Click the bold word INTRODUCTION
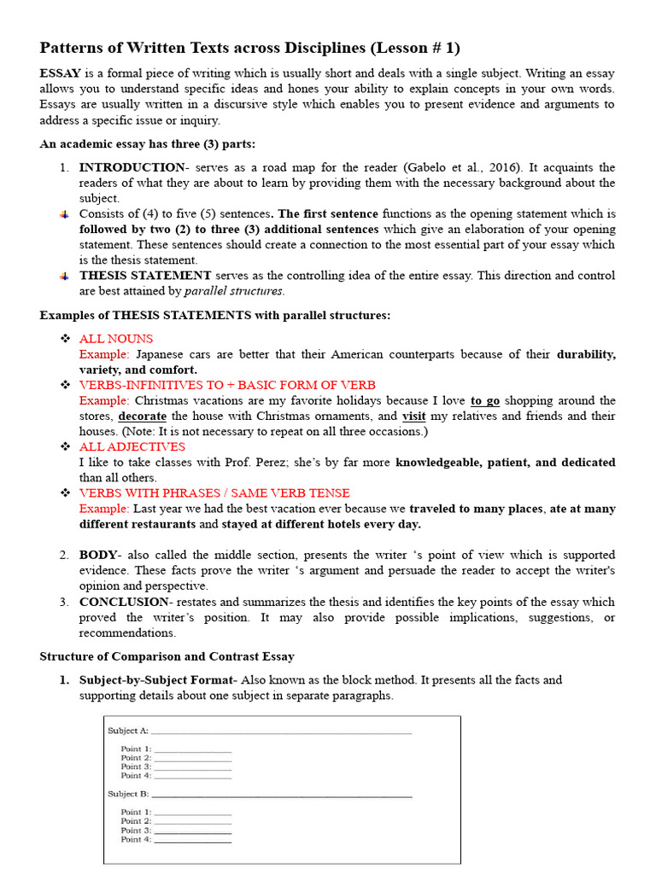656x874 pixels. pos(132,167)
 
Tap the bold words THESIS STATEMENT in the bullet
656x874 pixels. pos(145,276)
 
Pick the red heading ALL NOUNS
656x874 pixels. pos(116,339)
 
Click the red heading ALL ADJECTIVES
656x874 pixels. pos(132,446)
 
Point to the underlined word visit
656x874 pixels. pos(414,417)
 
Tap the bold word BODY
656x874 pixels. pos(97,555)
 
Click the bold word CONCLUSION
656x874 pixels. pos(124,602)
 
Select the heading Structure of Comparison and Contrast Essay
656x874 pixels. pos(167,656)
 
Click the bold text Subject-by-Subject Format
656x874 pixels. pos(158,680)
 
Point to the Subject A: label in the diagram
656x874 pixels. pos(128,731)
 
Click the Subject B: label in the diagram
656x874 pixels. pos(128,794)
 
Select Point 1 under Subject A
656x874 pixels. pos(136,749)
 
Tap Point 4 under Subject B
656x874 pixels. pos(136,840)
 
